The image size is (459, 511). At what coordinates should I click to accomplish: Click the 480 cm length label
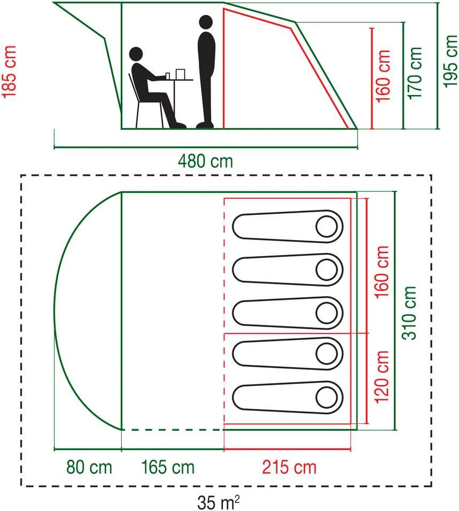click(x=206, y=161)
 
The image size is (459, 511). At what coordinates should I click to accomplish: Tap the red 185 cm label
click(x=9, y=72)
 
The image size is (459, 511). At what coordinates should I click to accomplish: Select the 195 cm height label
click(x=450, y=61)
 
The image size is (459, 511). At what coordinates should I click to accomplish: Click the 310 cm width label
click(x=409, y=313)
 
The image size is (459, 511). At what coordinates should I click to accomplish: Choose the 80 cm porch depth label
click(x=89, y=467)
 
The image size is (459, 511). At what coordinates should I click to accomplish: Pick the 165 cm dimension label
click(x=168, y=467)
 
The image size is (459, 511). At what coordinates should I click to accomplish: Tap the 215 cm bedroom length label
click(x=289, y=467)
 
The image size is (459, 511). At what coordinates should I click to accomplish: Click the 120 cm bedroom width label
click(x=382, y=377)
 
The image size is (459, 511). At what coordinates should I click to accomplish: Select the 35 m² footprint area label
click(x=219, y=502)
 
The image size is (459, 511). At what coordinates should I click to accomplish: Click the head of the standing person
click(x=206, y=22)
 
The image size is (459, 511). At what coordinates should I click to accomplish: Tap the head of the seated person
click(x=136, y=54)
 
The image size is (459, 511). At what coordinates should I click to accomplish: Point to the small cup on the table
click(x=168, y=76)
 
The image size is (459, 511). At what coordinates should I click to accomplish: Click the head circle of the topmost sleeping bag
click(x=326, y=227)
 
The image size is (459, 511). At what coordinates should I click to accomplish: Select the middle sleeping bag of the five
click(x=287, y=313)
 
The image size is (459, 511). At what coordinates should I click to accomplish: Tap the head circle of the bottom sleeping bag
click(x=326, y=398)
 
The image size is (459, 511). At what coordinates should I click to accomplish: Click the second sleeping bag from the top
click(x=287, y=270)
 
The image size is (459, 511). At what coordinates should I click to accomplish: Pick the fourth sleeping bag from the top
click(x=287, y=354)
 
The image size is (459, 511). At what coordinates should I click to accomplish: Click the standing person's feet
click(x=205, y=125)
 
